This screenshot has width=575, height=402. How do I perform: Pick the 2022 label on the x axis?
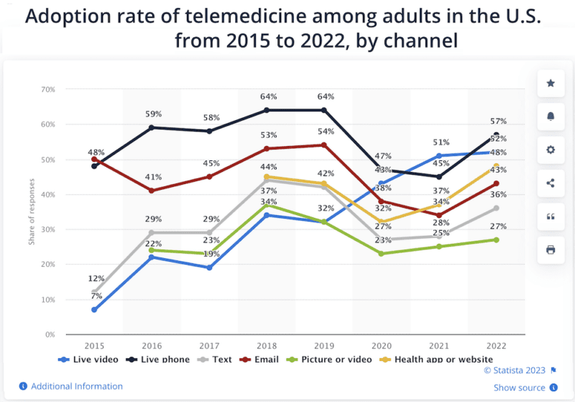point(497,346)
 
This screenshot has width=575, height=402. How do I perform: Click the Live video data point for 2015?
point(94,310)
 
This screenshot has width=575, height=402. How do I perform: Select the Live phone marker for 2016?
point(152,127)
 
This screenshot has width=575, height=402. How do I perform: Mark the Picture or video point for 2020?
point(382,254)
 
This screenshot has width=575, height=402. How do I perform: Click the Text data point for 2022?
point(497,208)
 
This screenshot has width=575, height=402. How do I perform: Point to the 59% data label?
point(153,114)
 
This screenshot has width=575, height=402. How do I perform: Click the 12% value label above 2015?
point(96,278)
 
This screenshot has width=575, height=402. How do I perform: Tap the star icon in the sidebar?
point(551,83)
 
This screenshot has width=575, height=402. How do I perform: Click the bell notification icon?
point(551,117)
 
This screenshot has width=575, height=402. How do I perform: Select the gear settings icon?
point(551,150)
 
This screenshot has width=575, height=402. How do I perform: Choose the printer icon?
point(551,250)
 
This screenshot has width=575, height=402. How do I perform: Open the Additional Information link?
point(76,386)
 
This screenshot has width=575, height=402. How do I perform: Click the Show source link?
point(519,388)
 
